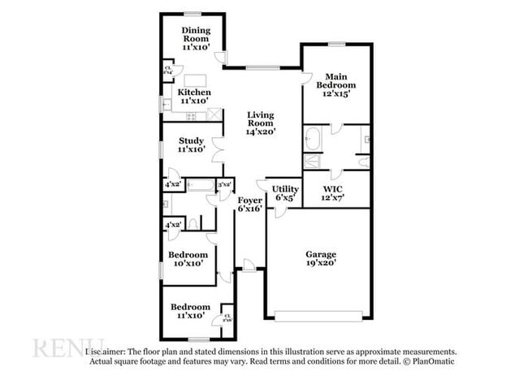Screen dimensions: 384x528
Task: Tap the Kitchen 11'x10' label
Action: [x=195, y=97]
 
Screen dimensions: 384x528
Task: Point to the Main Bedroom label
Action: [x=336, y=85]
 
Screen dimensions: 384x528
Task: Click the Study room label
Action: [x=191, y=145]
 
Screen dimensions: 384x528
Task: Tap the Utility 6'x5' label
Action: [x=286, y=193]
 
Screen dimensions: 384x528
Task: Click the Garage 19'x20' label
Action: [x=320, y=257]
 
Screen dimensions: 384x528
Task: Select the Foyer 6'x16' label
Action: [x=250, y=204]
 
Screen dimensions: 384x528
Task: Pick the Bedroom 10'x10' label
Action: [x=186, y=258]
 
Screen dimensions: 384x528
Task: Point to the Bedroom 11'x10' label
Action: [x=190, y=311]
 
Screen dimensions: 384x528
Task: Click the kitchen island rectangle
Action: [x=196, y=80]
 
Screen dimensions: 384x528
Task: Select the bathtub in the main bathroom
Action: [x=314, y=140]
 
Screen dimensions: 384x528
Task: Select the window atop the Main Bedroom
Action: [x=336, y=45]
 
